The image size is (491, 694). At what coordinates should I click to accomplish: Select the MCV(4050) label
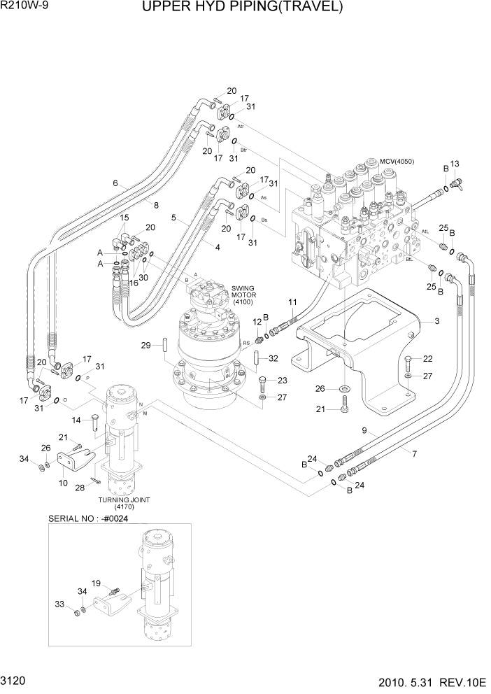click(397, 162)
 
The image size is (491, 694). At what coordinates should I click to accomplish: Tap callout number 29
click(145, 345)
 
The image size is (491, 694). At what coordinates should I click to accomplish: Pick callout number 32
click(273, 358)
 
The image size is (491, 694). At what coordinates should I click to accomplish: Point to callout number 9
click(364, 431)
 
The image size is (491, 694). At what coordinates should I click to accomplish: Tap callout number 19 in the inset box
click(97, 583)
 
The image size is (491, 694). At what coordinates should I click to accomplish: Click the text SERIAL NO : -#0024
click(87, 519)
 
